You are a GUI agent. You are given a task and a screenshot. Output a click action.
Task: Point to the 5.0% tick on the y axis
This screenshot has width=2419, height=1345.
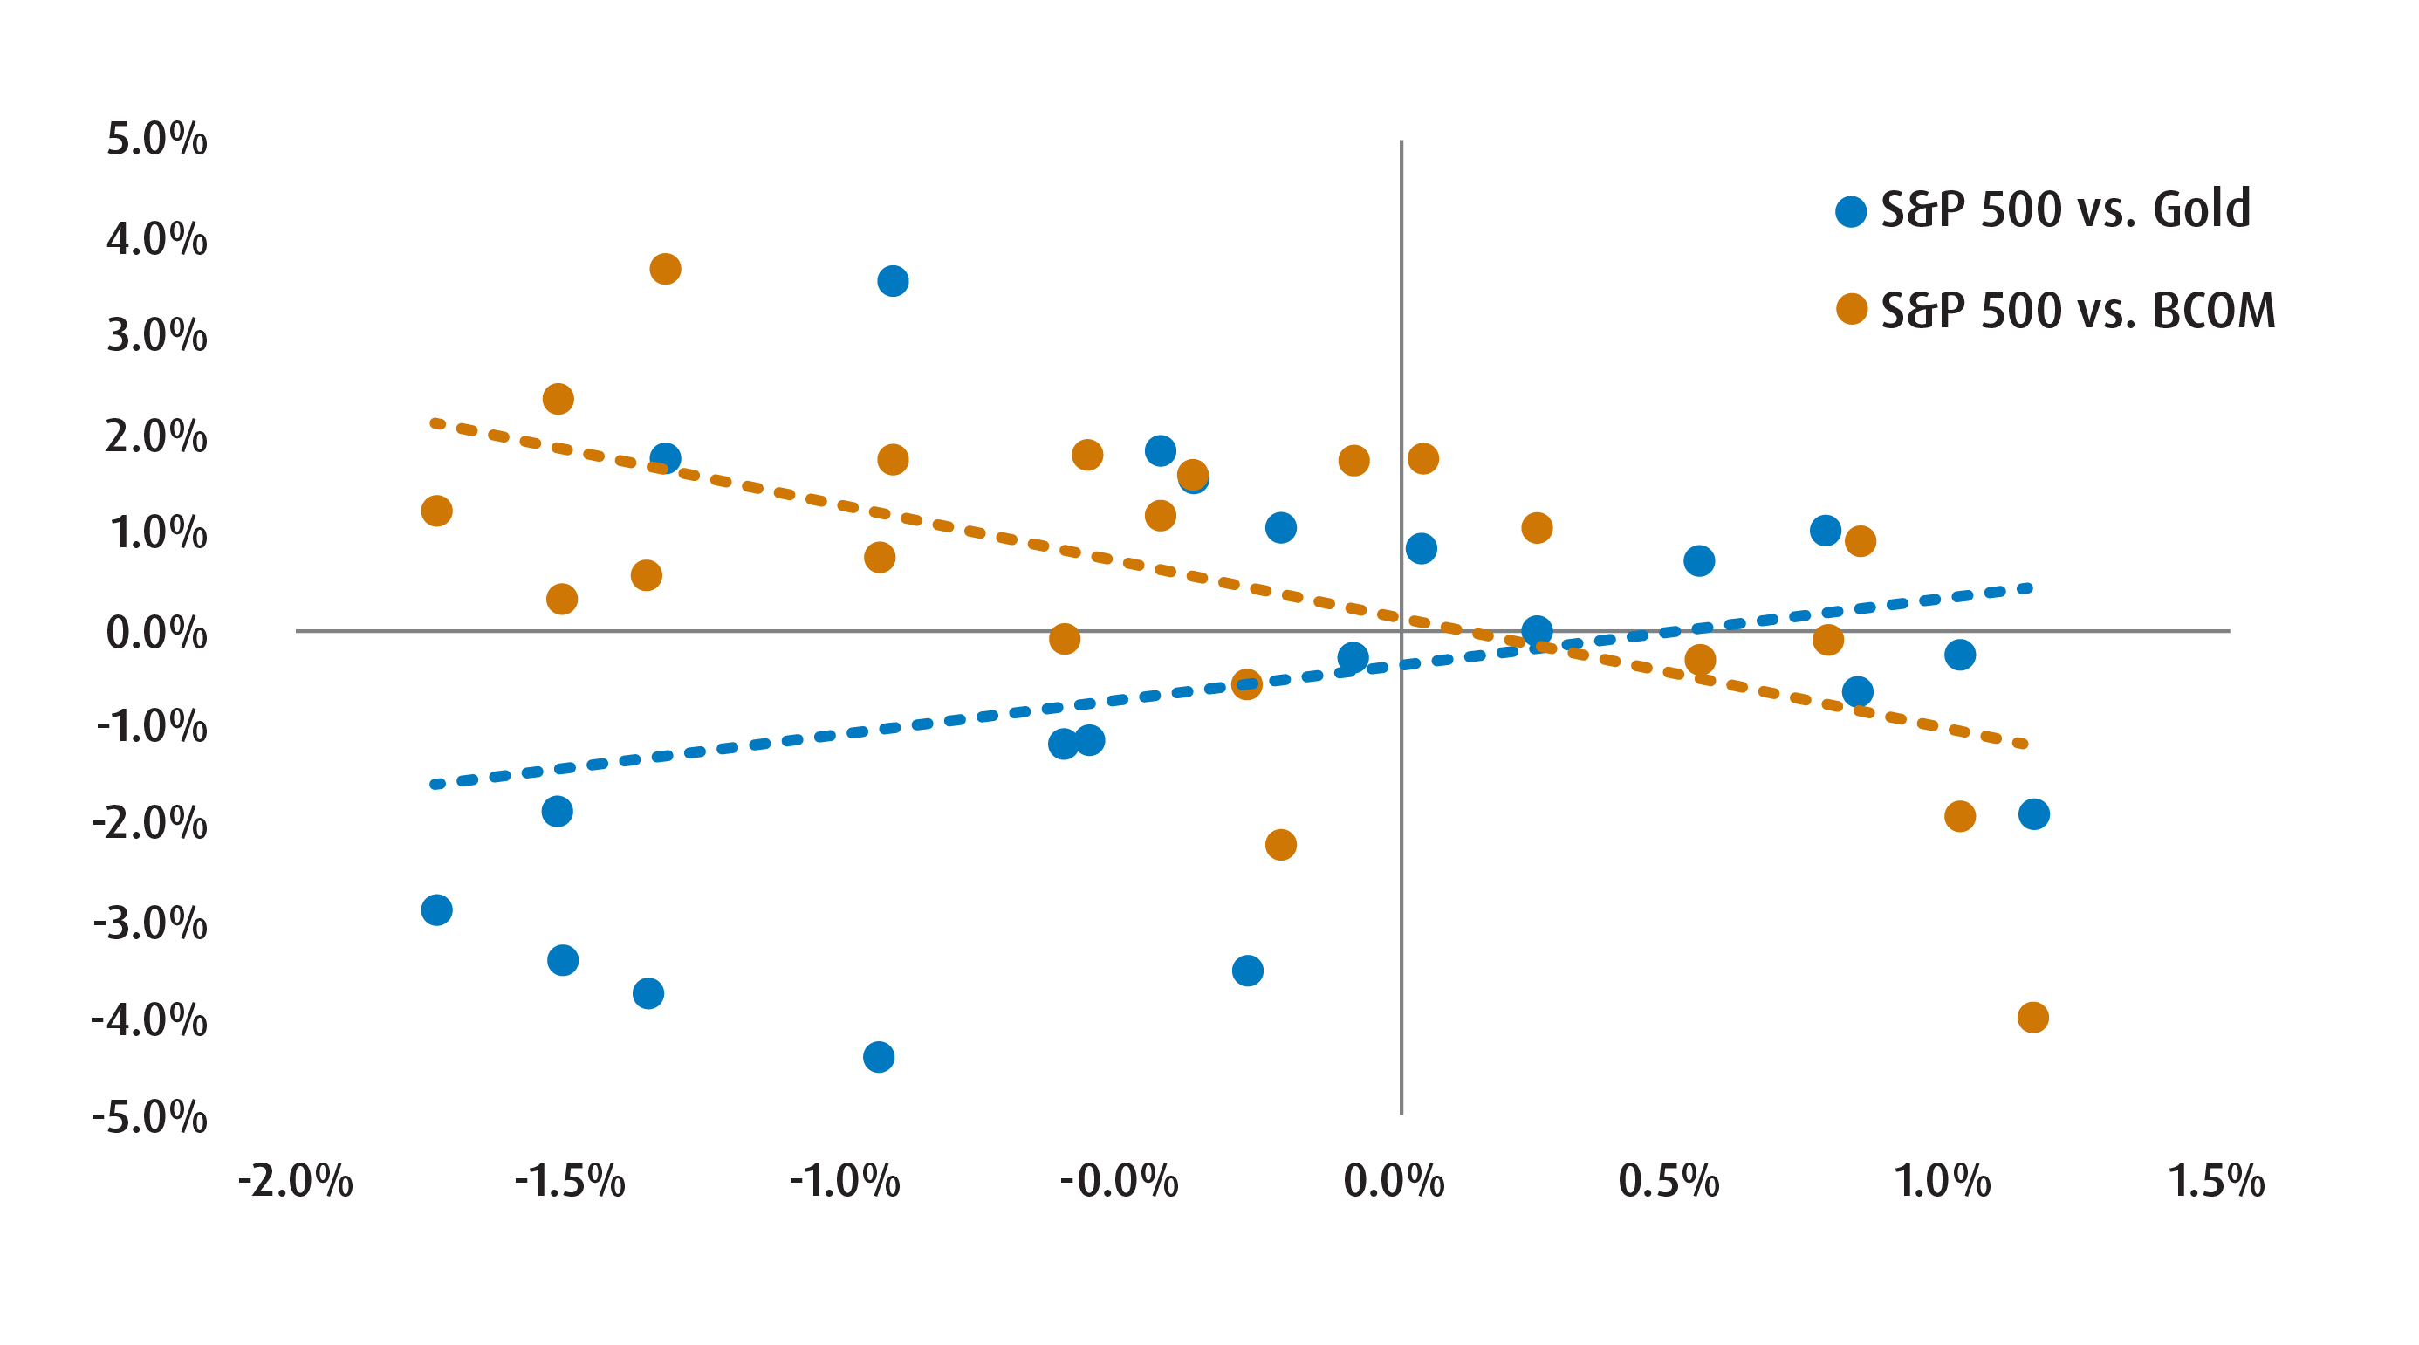157,139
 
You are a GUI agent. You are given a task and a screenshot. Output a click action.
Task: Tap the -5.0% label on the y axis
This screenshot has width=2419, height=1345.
149,1117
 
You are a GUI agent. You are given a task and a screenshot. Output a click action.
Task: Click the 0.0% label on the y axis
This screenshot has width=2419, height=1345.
157,632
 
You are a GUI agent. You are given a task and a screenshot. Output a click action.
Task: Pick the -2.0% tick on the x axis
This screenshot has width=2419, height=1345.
295,1181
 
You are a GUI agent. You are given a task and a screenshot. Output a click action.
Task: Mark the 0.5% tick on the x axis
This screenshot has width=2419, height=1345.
1668,1181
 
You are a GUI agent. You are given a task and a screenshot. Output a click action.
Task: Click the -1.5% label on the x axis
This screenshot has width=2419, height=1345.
569,1181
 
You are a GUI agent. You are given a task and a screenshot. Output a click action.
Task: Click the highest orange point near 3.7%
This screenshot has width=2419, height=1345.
665,269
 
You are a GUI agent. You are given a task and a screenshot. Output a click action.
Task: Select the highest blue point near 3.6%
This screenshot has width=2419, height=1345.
892,281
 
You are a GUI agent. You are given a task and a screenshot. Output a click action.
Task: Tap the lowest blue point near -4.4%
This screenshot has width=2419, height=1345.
878,1057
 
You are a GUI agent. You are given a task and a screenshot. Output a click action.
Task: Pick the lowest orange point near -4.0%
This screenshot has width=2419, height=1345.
2032,1017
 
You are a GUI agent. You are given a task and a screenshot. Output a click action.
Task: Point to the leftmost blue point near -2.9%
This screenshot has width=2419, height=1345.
436,909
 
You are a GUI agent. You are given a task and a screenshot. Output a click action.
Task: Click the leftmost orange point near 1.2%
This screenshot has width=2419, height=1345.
436,511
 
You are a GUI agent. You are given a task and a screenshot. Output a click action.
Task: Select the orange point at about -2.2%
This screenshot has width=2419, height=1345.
1280,844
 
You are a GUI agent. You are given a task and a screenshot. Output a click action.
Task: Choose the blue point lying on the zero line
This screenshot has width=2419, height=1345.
1536,630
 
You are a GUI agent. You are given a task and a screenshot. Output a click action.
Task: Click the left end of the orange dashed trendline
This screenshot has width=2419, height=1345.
434,422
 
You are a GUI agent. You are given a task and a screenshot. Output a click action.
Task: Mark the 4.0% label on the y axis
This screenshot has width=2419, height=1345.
157,238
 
